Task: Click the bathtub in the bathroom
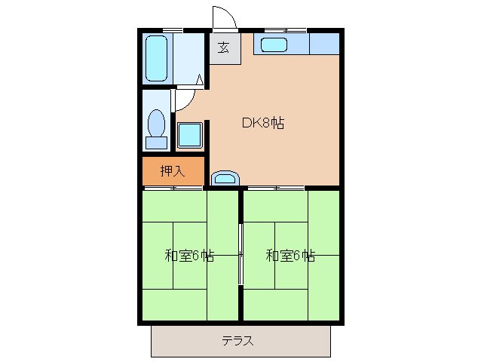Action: tap(157, 58)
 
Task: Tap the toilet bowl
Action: tap(157, 122)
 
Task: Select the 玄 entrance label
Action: tap(224, 48)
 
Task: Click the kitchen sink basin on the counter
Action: tap(274, 44)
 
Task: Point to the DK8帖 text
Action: tap(262, 123)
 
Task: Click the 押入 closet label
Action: tap(172, 171)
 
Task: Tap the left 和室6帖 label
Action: tap(189, 255)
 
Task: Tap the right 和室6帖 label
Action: tap(290, 255)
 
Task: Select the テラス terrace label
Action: tap(237, 340)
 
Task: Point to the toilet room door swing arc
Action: tap(186, 100)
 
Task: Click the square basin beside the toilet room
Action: tap(188, 136)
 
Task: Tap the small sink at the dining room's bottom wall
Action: tap(225, 178)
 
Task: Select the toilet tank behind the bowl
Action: tap(157, 141)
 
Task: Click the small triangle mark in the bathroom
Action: tap(199, 78)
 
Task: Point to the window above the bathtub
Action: tap(173, 30)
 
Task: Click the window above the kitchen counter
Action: tap(285, 30)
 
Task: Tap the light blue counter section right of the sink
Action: tap(324, 44)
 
